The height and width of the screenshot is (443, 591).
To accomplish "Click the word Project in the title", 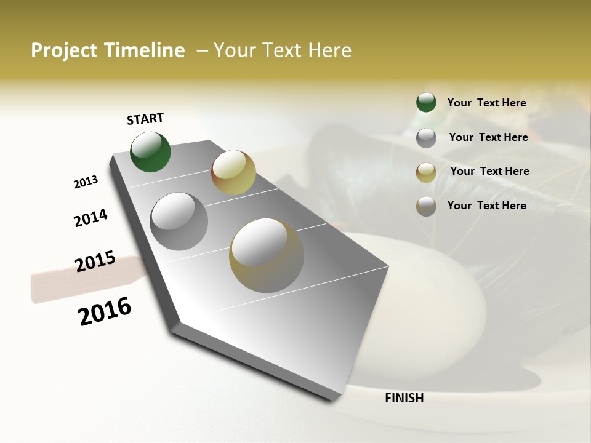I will pyautogui.click(x=63, y=51).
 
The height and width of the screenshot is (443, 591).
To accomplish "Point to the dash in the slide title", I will pyautogui.click(x=202, y=51).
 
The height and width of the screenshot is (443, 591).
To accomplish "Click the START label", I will pyautogui.click(x=145, y=119).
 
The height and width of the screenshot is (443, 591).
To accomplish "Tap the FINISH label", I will pyautogui.click(x=404, y=398).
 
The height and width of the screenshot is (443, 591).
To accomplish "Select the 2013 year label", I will pyautogui.click(x=86, y=182).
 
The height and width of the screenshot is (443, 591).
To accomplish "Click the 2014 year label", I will pyautogui.click(x=91, y=218).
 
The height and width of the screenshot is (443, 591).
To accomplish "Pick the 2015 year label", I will pyautogui.click(x=95, y=262).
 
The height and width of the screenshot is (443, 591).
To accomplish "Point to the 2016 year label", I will pyautogui.click(x=105, y=311).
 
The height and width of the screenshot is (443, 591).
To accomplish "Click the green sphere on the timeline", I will pyautogui.click(x=151, y=151).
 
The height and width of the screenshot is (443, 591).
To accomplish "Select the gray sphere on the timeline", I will pyautogui.click(x=179, y=221).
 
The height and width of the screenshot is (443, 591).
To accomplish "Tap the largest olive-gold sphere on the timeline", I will pyautogui.click(x=267, y=255).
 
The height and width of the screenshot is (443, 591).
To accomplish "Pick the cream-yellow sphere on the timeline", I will pyautogui.click(x=233, y=172).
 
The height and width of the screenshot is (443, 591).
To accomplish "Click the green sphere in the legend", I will pyautogui.click(x=426, y=102).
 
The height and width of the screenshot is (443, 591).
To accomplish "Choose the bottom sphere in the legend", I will pyautogui.click(x=426, y=206).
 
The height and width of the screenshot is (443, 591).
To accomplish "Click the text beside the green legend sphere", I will pyautogui.click(x=486, y=103).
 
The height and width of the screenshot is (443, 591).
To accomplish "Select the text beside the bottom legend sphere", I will pyautogui.click(x=486, y=206).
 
